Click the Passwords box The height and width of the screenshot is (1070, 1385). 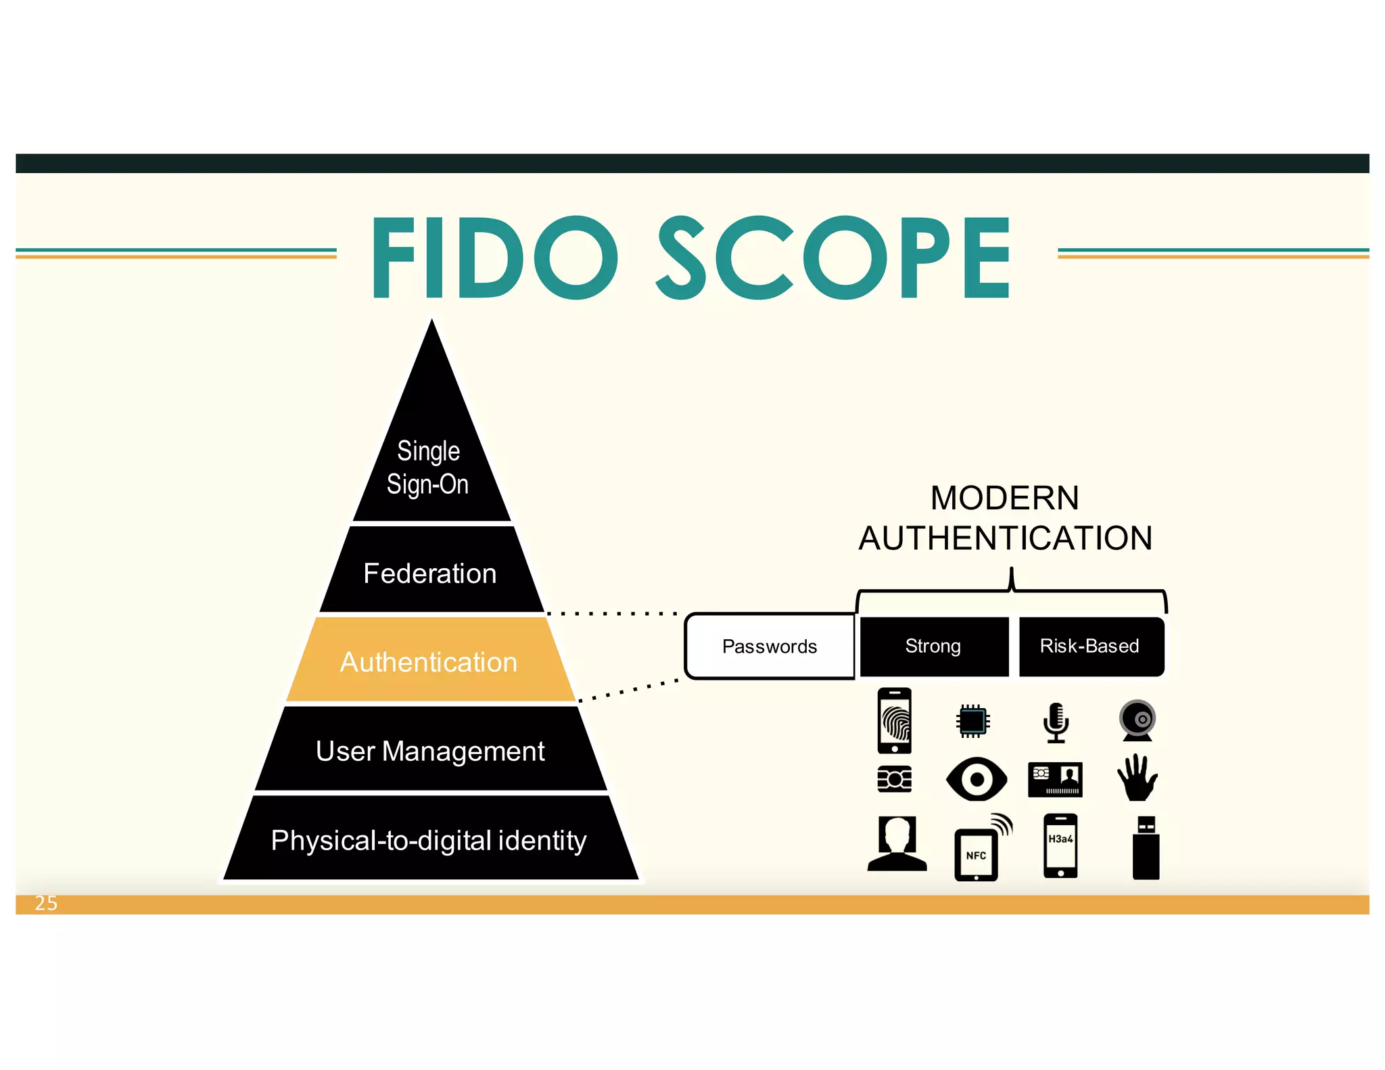(x=770, y=646)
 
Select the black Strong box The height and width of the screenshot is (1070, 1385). (x=933, y=646)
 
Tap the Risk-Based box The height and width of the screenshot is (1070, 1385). (x=1090, y=646)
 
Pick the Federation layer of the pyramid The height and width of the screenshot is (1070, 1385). (x=430, y=572)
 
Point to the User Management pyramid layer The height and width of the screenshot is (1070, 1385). (x=430, y=750)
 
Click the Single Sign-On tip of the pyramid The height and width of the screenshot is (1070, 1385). (x=429, y=467)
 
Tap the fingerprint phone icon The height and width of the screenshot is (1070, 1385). (x=894, y=720)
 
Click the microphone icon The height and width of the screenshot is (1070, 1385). (x=1056, y=722)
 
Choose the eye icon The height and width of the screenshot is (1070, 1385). (x=976, y=779)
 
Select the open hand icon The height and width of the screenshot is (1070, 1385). (x=1137, y=778)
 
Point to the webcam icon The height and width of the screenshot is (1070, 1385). (x=1137, y=720)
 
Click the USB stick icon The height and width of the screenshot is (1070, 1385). (x=1146, y=848)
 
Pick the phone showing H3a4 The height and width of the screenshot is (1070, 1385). (x=1060, y=846)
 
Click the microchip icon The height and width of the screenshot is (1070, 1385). (x=972, y=721)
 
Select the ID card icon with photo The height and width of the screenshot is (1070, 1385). (x=1055, y=779)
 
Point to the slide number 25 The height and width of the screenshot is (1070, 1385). (x=46, y=903)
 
